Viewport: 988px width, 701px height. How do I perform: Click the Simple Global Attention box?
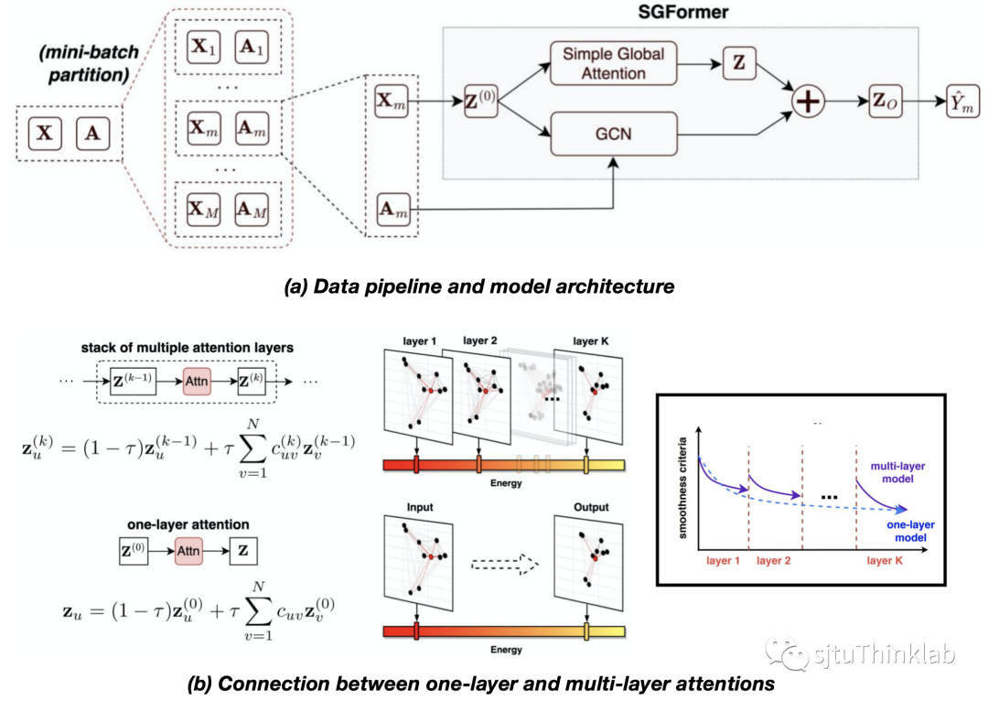(x=613, y=63)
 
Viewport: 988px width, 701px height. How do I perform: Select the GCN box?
(x=613, y=134)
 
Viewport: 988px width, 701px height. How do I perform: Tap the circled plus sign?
(x=809, y=102)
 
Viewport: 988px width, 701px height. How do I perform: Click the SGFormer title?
(x=683, y=12)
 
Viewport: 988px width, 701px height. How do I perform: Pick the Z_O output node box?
(x=885, y=101)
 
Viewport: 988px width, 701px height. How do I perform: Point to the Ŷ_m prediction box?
(x=962, y=101)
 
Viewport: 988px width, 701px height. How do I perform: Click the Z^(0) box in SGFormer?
(x=480, y=101)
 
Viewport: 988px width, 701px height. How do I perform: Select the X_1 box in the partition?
(x=203, y=48)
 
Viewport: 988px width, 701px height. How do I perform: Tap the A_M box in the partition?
(x=252, y=210)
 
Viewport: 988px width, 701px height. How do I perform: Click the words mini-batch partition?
(x=88, y=63)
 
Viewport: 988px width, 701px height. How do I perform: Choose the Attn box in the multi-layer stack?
(x=197, y=382)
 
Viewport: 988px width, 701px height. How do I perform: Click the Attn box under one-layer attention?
(x=188, y=551)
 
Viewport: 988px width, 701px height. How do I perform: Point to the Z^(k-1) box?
(x=133, y=382)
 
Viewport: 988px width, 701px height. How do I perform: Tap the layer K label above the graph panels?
(x=591, y=341)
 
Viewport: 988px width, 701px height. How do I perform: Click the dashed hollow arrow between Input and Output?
(x=505, y=565)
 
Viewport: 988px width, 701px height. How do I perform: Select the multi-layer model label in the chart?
(x=897, y=472)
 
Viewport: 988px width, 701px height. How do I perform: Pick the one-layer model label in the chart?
(x=910, y=531)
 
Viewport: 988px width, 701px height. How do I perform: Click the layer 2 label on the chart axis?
(x=773, y=560)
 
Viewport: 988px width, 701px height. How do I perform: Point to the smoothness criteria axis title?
(x=682, y=489)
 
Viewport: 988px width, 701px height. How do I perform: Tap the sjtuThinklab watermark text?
(x=884, y=654)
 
